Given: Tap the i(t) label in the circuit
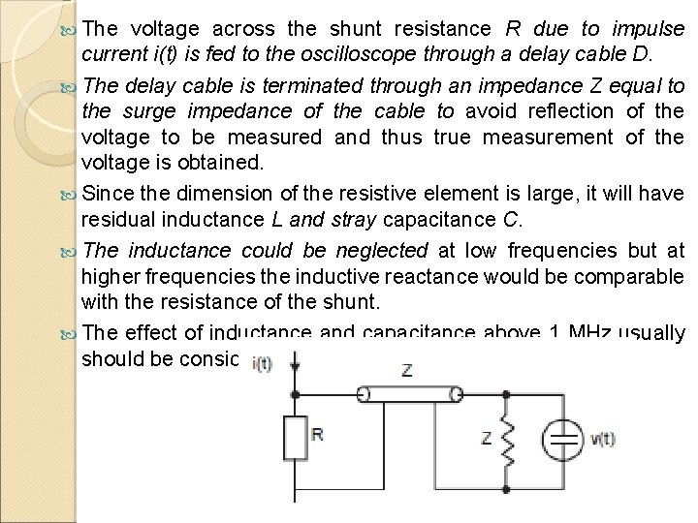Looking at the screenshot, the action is click(x=261, y=364).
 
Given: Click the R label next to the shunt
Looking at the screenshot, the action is click(x=317, y=433).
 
